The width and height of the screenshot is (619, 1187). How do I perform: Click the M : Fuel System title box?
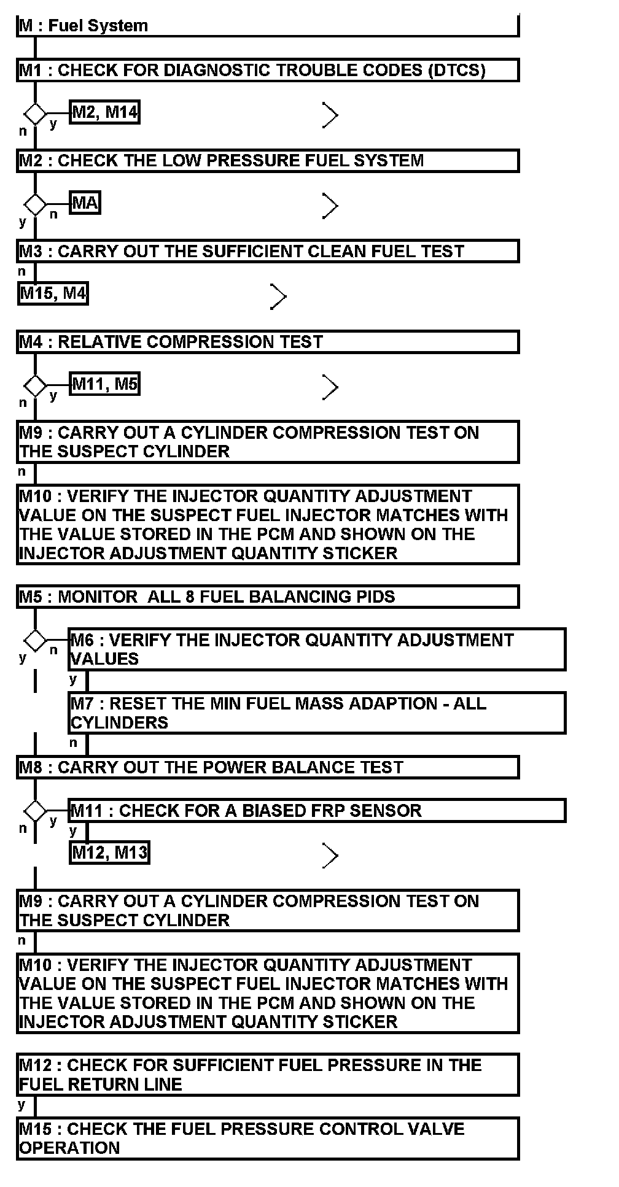click(x=268, y=26)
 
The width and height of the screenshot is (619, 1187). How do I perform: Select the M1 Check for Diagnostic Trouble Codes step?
click(x=268, y=70)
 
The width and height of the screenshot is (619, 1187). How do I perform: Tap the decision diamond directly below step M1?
click(x=35, y=114)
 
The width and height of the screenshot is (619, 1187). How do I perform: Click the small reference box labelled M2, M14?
click(x=104, y=112)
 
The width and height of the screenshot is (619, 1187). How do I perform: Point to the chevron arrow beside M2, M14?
click(x=330, y=115)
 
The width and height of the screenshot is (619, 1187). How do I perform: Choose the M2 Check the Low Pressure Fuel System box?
click(x=268, y=161)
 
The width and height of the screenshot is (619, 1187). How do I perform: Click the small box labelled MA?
click(x=85, y=203)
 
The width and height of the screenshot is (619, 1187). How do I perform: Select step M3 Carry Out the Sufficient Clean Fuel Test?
click(x=268, y=252)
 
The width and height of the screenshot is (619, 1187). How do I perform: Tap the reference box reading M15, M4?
click(x=53, y=293)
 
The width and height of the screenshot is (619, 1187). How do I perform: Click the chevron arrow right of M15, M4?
click(x=278, y=296)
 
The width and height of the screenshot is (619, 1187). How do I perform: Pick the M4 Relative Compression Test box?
click(x=268, y=342)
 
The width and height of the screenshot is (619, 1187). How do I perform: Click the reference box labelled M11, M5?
click(x=104, y=384)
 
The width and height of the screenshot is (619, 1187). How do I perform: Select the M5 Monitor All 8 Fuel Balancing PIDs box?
click(x=268, y=597)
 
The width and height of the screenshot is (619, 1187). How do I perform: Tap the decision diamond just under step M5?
click(x=35, y=641)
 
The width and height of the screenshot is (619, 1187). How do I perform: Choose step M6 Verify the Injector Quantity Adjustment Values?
click(x=317, y=649)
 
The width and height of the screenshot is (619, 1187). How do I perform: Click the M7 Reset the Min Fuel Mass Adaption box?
click(x=317, y=713)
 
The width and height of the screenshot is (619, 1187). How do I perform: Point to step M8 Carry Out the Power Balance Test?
click(x=268, y=767)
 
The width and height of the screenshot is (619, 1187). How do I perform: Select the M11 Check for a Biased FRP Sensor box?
click(x=317, y=811)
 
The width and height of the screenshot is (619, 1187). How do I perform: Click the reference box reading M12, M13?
click(x=109, y=853)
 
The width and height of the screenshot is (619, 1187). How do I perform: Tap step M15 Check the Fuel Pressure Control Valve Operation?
click(x=268, y=1139)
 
